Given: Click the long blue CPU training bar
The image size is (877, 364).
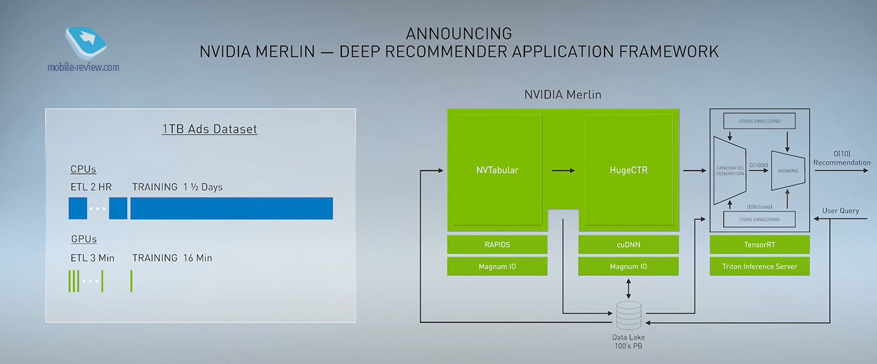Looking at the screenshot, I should tap(231, 208).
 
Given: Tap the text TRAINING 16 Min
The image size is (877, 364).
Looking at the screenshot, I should tap(172, 258).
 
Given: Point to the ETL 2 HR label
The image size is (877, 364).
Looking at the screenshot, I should tap(91, 187).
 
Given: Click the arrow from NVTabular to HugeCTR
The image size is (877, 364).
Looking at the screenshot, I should tap(564, 170).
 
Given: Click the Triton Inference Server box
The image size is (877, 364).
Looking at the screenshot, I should tap(759, 266).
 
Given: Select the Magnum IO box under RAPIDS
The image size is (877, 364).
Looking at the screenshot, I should tap(497, 266).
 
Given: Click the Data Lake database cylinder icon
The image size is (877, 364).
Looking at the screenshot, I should tap(628, 315).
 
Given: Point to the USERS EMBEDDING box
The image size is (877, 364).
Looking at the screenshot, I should tap(759, 120).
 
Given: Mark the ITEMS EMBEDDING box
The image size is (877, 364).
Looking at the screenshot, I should tap(759, 219).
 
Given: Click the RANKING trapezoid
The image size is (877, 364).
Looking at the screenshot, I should tap(787, 170).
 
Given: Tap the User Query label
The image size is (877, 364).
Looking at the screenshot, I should tap(840, 211).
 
